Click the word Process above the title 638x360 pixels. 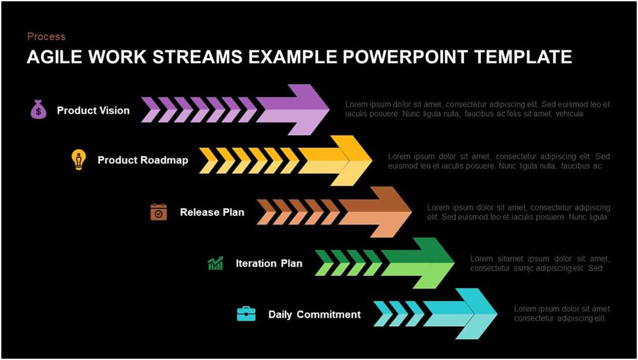point(46,37)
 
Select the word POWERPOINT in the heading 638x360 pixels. point(405,57)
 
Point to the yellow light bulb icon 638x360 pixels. point(79,160)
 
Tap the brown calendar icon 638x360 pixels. point(159,212)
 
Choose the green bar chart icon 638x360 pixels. point(215,263)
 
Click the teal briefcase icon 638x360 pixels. point(246,314)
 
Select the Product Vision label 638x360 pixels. point(93,110)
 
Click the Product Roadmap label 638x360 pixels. point(143,160)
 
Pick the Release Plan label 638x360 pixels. point(212,212)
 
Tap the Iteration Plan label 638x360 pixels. point(269,263)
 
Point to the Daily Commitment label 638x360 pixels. point(315,314)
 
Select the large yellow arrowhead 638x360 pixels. point(341,161)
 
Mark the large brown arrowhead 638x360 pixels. point(383,212)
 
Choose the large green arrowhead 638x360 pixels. point(424,263)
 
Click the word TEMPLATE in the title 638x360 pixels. point(523,57)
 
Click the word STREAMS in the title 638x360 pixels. point(197,57)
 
